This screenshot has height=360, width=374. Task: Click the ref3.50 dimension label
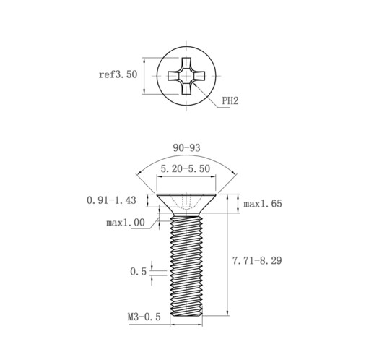(x=118, y=74)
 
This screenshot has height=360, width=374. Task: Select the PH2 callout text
(x=230, y=100)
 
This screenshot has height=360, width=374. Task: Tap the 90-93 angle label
(x=186, y=147)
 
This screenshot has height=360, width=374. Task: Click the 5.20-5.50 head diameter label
(x=186, y=168)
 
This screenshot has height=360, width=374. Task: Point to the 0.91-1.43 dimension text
(x=111, y=200)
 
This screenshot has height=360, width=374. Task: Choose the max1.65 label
(x=263, y=204)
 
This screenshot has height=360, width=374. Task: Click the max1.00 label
(x=126, y=223)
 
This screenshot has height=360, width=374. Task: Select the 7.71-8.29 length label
(x=257, y=261)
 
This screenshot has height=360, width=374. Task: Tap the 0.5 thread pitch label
(x=138, y=272)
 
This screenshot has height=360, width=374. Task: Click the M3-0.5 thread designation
(x=144, y=317)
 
